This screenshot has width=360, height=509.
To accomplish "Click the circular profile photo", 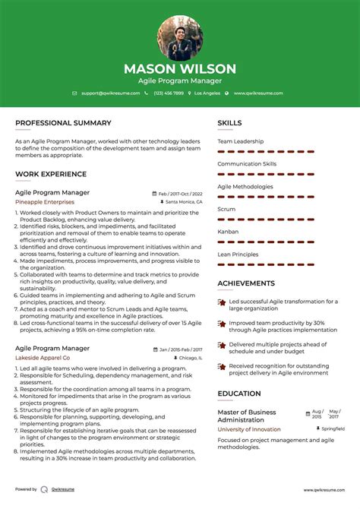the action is pyautogui.click(x=180, y=38).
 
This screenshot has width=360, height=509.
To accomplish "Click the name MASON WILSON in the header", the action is pyautogui.click(x=180, y=69).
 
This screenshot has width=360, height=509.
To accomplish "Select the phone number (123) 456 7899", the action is pyautogui.click(x=169, y=93).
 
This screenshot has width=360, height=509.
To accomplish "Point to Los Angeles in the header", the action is pyautogui.click(x=207, y=93).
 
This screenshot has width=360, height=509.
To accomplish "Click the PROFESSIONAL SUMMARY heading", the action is pyautogui.click(x=63, y=122).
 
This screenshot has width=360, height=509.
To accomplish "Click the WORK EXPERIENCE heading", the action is pyautogui.click(x=50, y=174).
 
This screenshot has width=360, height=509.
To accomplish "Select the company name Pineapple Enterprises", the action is pyautogui.click(x=45, y=202).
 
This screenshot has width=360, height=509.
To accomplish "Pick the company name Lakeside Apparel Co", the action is pyautogui.click(x=43, y=357).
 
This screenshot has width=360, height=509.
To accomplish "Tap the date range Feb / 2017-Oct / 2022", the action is pyautogui.click(x=180, y=193).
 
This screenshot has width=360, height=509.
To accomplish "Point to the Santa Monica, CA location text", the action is pyautogui.click(x=184, y=202).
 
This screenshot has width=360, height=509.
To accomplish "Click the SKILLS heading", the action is pyautogui.click(x=229, y=122).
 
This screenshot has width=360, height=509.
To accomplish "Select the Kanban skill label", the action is pyautogui.click(x=228, y=232).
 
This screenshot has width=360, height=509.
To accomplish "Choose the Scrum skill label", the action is pyautogui.click(x=226, y=209).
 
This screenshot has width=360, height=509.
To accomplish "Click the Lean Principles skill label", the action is pyautogui.click(x=238, y=254).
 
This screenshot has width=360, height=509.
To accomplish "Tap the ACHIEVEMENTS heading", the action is pyautogui.click(x=246, y=283).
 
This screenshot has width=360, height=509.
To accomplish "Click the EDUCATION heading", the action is pyautogui.click(x=239, y=394).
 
